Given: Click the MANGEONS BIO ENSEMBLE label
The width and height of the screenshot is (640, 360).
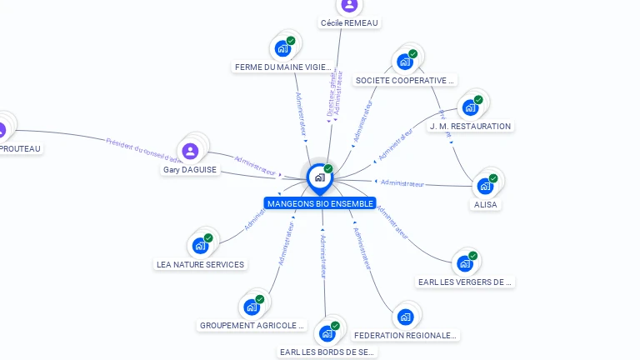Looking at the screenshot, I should pos(320,203).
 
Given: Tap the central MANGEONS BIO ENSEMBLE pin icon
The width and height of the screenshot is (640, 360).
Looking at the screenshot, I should pos(319,177).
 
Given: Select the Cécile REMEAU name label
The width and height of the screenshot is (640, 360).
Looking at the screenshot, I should pos(349,23).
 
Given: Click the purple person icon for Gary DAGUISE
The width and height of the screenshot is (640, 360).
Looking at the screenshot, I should pos(190,151).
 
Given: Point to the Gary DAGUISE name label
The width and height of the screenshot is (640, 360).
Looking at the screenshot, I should pos(190,170).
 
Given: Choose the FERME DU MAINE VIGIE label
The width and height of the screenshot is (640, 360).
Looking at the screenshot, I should pos(282,67).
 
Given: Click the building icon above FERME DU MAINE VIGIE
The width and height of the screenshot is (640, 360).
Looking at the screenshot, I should pos(282,48).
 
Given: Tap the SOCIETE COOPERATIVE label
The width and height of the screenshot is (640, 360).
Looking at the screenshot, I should pos(405,81).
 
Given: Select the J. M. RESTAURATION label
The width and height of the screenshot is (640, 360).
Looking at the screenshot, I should pos(470,127).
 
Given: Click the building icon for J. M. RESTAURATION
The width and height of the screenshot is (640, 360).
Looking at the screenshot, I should pos(470,107).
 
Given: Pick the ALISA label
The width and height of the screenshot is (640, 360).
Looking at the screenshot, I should pos(486,205).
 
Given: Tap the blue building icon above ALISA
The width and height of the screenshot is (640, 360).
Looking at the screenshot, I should pos(485,186).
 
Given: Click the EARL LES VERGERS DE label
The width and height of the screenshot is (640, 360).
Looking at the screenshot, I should pos(465,282).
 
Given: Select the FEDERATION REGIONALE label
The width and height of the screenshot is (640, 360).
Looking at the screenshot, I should pos(405,336).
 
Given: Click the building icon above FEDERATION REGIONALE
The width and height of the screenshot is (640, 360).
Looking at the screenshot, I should pos(405,317).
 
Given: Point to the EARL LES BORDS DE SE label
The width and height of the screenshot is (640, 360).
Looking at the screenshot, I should pos(327,352).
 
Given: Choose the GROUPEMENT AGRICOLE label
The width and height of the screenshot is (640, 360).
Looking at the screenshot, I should pos(252,326).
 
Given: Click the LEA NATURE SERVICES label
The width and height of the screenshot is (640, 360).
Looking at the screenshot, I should pos(201,265).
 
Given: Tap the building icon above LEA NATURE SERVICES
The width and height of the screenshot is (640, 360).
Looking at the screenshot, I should pos(200,246).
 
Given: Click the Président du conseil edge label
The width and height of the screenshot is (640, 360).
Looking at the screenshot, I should pos(138,148).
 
